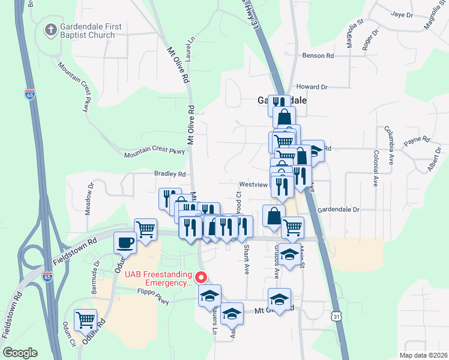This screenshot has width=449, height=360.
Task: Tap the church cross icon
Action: pos(52,28)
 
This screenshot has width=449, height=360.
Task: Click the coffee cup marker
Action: pos(125,242)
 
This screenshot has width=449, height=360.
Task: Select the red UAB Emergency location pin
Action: pos(202,277)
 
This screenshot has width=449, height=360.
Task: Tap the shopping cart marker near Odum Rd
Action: pos(85,320)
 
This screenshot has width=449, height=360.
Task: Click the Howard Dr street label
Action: pos(312,87)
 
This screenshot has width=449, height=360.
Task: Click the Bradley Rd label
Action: pos(170,174)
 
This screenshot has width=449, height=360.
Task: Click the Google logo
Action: pos(20,353)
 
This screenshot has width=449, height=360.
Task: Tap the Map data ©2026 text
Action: pos(423,355)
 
